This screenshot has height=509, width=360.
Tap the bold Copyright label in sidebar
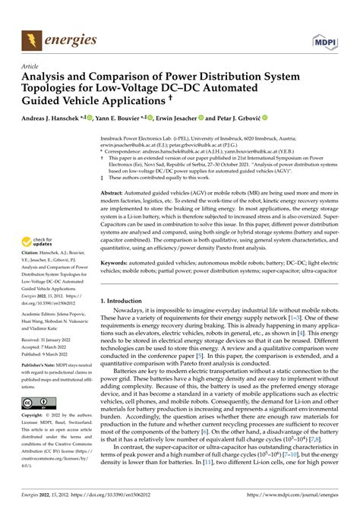click(34, 416)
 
